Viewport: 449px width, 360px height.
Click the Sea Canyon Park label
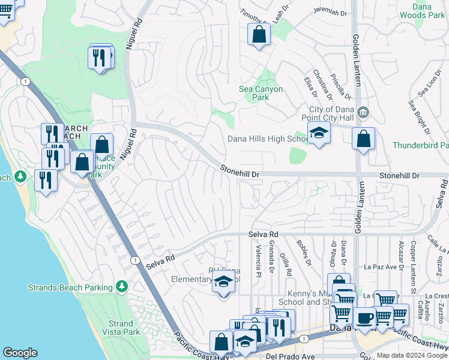click(x=261, y=93)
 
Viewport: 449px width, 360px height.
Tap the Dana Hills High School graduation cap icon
click(x=319, y=134)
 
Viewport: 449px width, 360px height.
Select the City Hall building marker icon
click(x=363, y=112)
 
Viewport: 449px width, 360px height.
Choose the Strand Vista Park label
click(x=121, y=328)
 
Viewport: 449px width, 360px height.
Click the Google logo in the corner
click(x=20, y=353)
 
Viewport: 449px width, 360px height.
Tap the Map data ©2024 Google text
click(x=412, y=355)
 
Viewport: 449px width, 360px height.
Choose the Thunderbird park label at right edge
click(x=421, y=146)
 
